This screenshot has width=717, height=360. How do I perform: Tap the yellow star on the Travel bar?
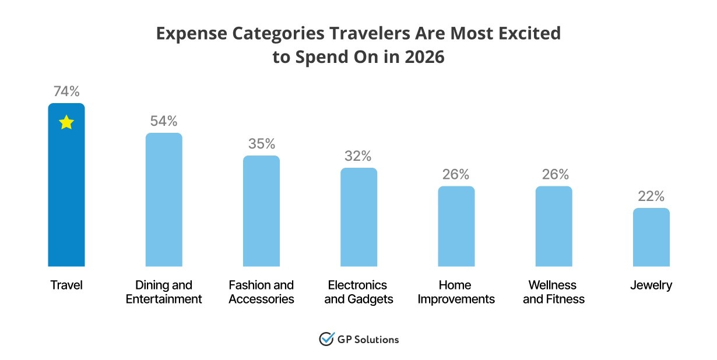pyautogui.click(x=66, y=122)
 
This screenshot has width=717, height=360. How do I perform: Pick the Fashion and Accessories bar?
pyautogui.click(x=261, y=211)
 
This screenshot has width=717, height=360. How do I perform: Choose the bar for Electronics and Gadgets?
pyautogui.click(x=358, y=217)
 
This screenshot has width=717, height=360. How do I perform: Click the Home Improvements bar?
pyautogui.click(x=456, y=226)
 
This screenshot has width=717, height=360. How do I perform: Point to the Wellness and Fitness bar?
pyautogui.click(x=554, y=226)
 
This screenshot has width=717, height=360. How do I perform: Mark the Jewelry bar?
pyautogui.click(x=651, y=237)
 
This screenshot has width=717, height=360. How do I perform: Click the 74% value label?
pyautogui.click(x=66, y=91)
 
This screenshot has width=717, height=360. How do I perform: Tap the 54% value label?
pyautogui.click(x=164, y=121)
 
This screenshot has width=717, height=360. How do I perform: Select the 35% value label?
pyautogui.click(x=261, y=144)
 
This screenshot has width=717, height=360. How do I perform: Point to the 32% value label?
pyautogui.click(x=358, y=156)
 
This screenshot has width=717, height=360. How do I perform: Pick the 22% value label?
pyautogui.click(x=651, y=196)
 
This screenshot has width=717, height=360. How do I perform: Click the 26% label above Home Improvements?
pyautogui.click(x=456, y=174)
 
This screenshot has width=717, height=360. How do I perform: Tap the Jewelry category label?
pyautogui.click(x=651, y=285)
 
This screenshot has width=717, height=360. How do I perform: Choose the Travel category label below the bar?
pyautogui.click(x=66, y=285)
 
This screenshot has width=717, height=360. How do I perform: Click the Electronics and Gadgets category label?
pyautogui.click(x=358, y=292)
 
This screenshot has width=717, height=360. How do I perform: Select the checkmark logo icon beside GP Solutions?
pyautogui.click(x=326, y=339)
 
